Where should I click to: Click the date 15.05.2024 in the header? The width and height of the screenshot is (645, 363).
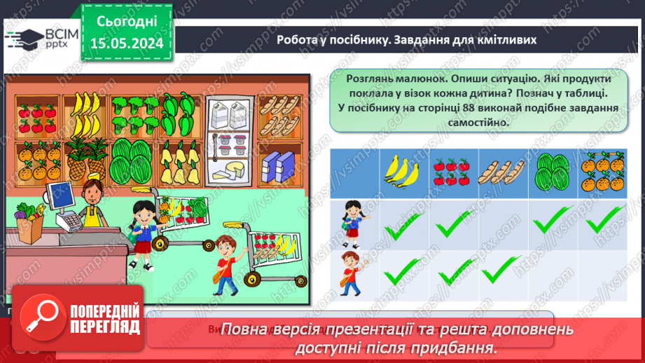(127, 43)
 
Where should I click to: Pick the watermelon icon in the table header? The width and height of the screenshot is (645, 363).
(552, 172)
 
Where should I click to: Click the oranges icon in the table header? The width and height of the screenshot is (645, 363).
(602, 171)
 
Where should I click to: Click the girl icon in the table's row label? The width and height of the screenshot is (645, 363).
(352, 223)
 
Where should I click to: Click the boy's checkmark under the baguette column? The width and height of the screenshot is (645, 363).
(502, 268)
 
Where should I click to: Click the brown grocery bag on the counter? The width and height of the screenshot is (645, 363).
(31, 226)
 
